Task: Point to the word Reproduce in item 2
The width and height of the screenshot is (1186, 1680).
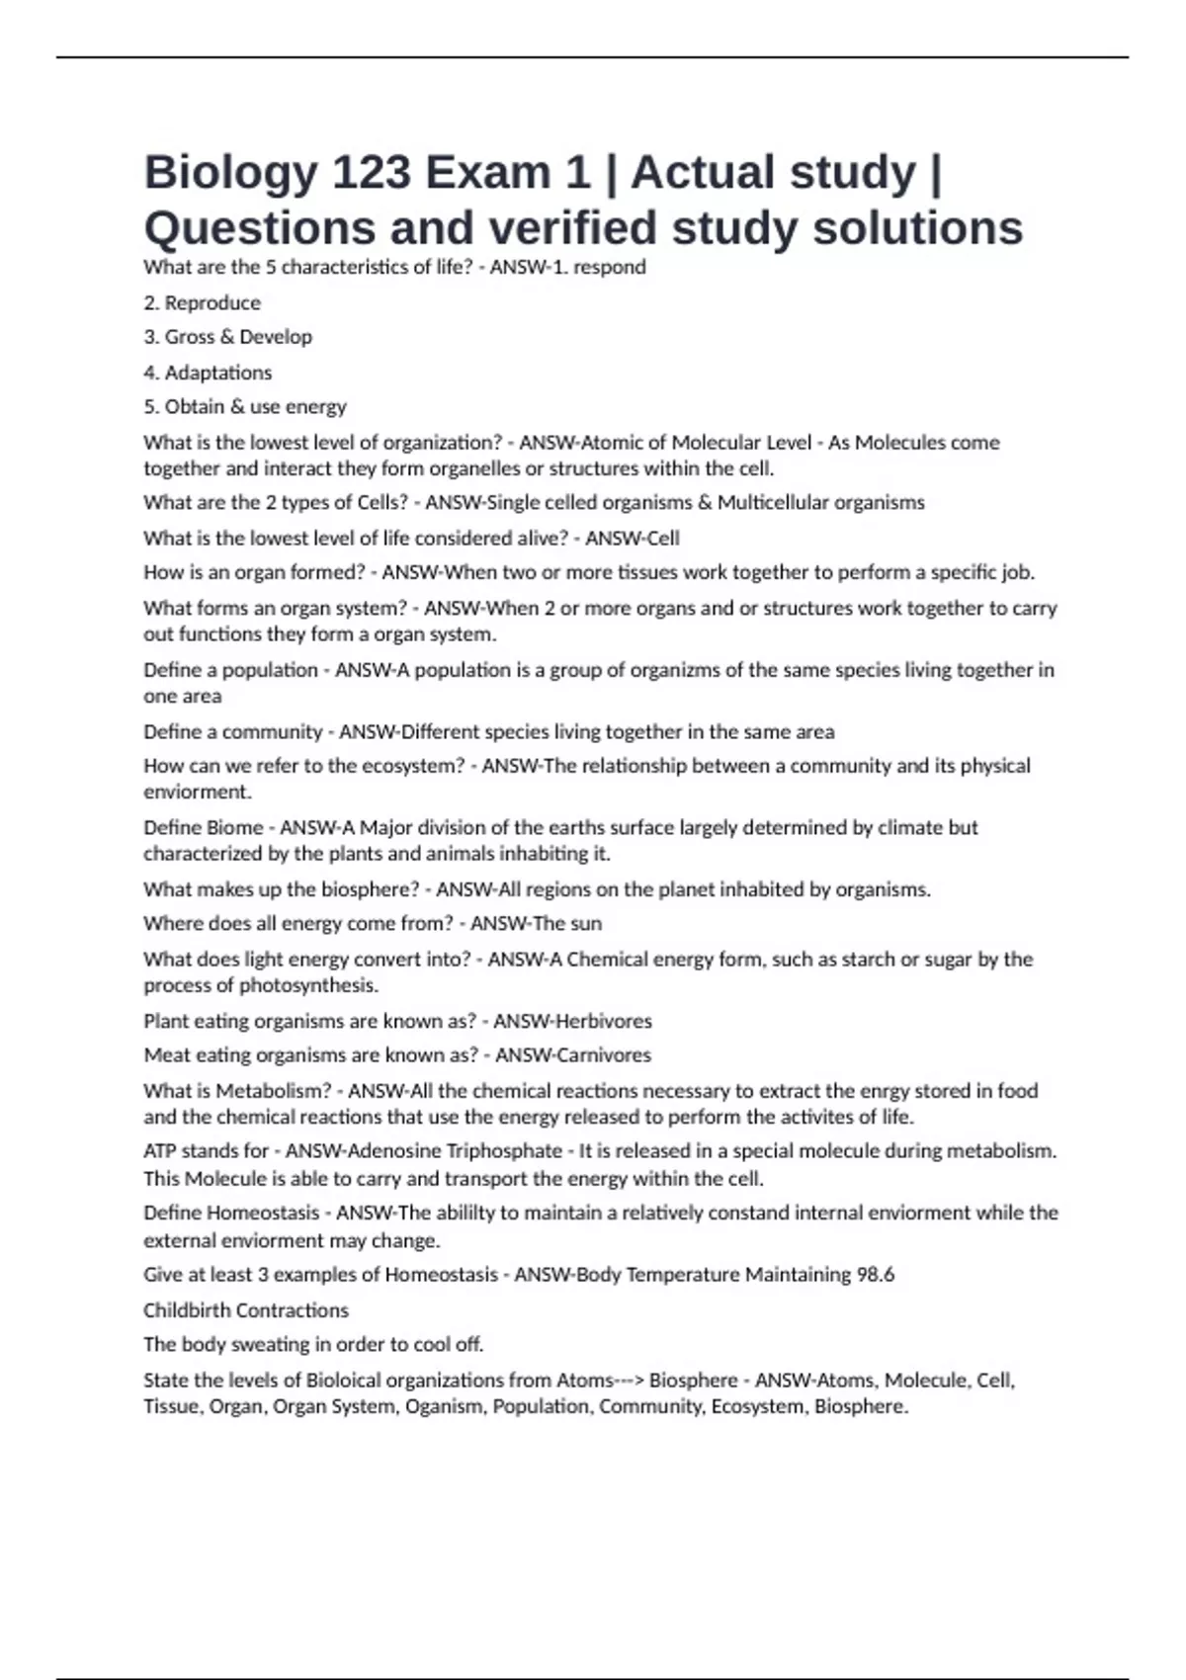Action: [x=212, y=303]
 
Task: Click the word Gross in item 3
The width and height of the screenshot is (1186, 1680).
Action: [x=189, y=337]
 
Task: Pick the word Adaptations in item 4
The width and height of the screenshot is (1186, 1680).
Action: [x=217, y=373]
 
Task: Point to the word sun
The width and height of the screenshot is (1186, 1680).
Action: [x=586, y=923]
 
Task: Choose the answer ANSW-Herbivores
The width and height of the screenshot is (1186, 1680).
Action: [x=572, y=1021]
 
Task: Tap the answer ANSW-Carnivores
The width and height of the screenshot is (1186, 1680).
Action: [x=573, y=1054]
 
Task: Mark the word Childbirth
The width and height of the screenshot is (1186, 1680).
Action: [x=189, y=1310]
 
